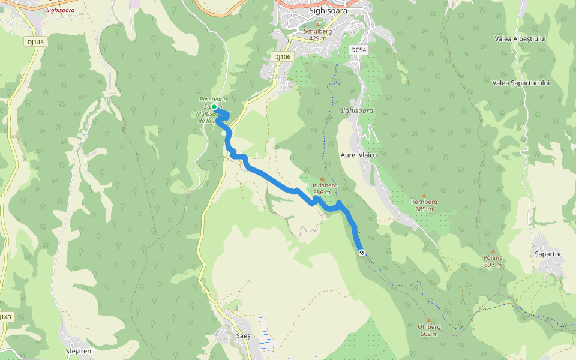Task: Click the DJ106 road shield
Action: [282, 56]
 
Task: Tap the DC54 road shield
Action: [358, 50]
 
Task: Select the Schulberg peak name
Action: [318, 31]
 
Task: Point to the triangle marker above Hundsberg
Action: [322, 179]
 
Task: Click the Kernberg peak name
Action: [424, 202]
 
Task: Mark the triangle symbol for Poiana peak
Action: [493, 251]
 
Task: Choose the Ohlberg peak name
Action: [429, 327]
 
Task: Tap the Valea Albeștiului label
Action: [520, 38]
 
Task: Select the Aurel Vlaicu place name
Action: [358, 155]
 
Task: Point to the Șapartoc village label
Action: [548, 254]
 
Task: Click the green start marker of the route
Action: [214, 107]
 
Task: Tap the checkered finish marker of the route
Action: [362, 253]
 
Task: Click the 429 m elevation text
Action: [318, 38]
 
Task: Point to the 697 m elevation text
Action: [493, 265]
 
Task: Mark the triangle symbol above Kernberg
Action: [424, 196]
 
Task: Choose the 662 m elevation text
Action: [429, 334]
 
